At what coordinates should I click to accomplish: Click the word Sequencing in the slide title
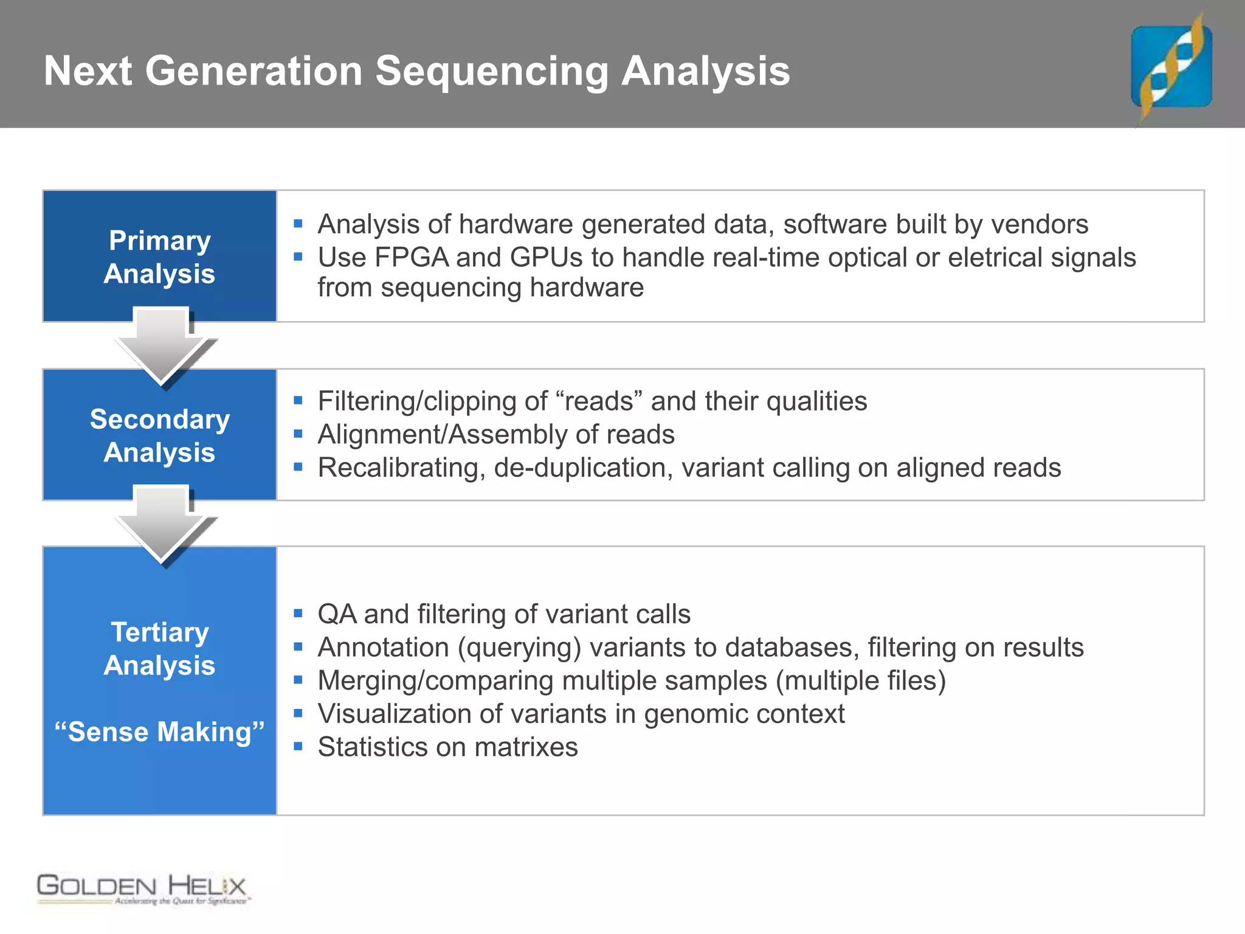(491, 71)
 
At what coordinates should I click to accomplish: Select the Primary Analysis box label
(159, 257)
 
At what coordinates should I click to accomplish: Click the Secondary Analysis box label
(159, 435)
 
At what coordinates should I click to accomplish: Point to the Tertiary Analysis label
(159, 648)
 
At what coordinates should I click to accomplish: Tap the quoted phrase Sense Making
(159, 732)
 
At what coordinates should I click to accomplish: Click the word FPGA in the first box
(411, 257)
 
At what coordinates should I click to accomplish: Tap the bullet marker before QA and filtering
(298, 613)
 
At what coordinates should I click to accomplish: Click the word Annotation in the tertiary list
(383, 647)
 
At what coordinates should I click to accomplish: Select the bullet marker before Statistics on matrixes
(298, 746)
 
